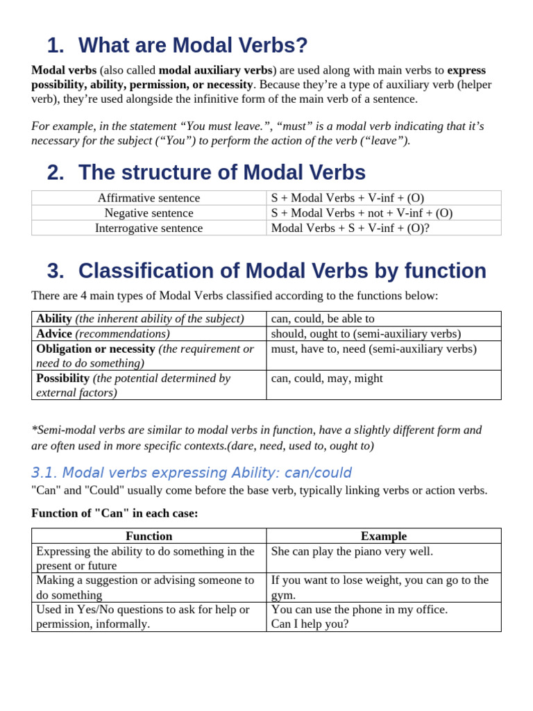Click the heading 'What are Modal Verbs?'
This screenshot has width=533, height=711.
192,46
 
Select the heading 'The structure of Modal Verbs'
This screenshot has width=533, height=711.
221,173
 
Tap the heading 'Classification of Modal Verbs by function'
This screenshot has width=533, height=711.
282,271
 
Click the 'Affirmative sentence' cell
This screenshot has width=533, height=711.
149,198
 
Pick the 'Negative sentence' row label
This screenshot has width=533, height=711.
149,213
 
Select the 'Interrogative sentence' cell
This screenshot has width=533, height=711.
149,228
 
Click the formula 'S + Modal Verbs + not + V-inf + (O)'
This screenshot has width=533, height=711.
362,213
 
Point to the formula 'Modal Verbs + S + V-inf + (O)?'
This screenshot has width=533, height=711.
350,228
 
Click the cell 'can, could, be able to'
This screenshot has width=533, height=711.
323,319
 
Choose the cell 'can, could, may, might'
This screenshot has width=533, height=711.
327,378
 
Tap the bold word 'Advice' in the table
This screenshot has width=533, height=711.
54,333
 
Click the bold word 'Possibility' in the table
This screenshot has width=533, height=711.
62,378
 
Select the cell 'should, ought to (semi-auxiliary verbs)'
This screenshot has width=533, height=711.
366,333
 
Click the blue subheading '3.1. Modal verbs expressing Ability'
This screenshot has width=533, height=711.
192,473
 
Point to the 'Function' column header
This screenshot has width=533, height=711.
149,536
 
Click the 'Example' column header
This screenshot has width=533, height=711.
384,536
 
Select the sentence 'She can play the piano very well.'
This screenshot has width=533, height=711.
352,551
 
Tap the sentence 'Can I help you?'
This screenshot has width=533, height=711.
310,624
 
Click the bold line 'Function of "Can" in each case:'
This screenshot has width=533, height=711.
115,513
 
